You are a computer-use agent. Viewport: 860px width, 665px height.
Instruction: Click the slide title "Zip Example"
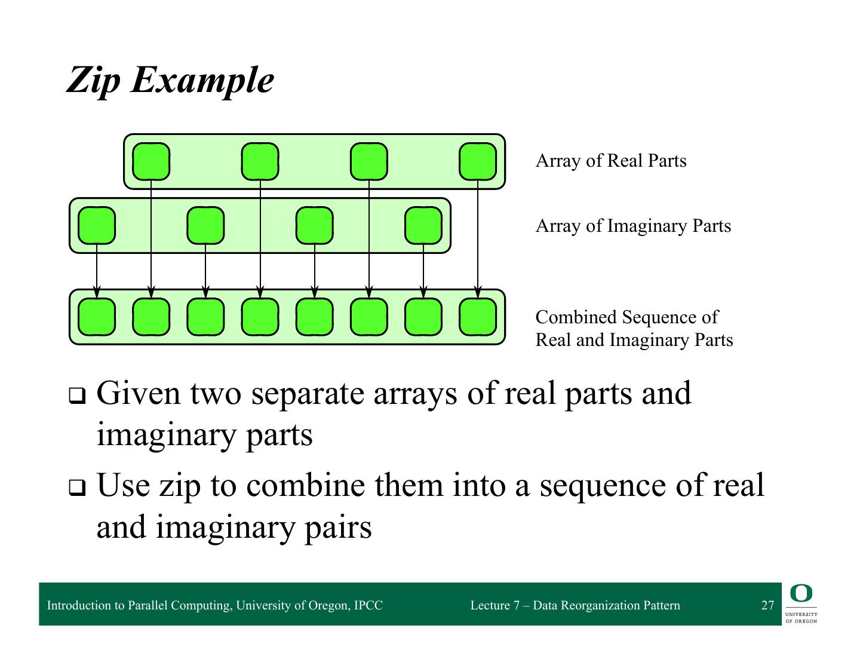click(170, 80)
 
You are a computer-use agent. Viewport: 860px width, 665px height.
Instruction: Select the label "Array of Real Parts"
click(610, 161)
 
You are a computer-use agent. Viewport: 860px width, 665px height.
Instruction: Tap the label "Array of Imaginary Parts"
click(632, 226)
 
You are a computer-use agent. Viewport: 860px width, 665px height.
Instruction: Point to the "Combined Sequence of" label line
click(626, 317)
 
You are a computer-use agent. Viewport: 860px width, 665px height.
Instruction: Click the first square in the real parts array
click(150, 161)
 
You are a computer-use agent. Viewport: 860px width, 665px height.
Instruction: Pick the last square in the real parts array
click(477, 161)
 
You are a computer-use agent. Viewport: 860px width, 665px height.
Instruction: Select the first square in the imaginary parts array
click(97, 225)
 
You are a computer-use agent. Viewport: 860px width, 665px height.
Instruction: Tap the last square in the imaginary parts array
click(423, 225)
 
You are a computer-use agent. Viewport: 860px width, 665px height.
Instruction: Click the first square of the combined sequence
click(97, 317)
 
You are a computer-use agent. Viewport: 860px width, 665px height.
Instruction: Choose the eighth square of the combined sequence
click(477, 317)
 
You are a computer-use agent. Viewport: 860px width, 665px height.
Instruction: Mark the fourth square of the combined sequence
click(260, 317)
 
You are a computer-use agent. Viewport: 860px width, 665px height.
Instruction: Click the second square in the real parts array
click(260, 161)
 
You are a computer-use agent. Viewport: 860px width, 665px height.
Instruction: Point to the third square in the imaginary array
click(315, 225)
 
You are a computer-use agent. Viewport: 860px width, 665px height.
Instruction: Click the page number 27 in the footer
click(767, 605)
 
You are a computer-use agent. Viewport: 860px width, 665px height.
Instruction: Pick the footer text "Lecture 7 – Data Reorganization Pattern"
click(575, 605)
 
